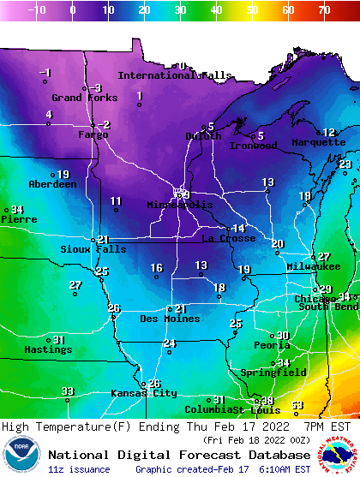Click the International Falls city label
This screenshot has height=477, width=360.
174,75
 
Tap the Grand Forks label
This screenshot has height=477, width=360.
84,98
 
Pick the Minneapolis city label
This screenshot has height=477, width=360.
179,206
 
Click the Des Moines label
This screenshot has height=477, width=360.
170,319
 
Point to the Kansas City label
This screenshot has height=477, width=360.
143,393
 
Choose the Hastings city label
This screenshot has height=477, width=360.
48,349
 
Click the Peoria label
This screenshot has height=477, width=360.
272,345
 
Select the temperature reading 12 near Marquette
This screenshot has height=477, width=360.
328,132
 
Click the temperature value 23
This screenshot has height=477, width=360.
345,164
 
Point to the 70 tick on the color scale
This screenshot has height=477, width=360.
323,10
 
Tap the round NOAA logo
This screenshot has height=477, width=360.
21,455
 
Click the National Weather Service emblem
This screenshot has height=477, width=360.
337,455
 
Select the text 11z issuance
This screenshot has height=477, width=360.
79,469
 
